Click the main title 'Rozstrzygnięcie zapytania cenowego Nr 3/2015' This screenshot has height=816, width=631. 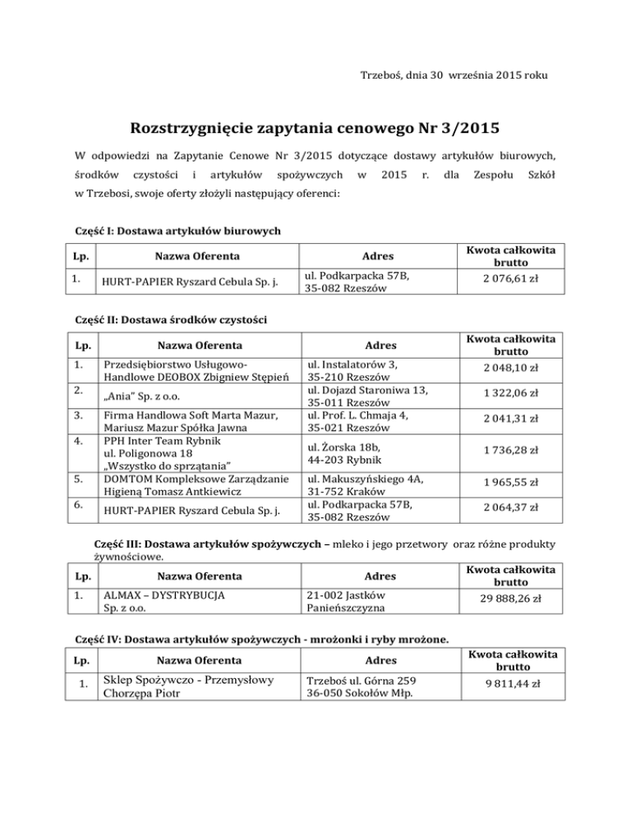point(315,130)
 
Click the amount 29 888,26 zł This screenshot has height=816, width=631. point(511,599)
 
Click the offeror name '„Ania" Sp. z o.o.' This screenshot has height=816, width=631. point(143,394)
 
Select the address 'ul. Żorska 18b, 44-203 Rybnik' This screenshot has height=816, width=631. point(347,452)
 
